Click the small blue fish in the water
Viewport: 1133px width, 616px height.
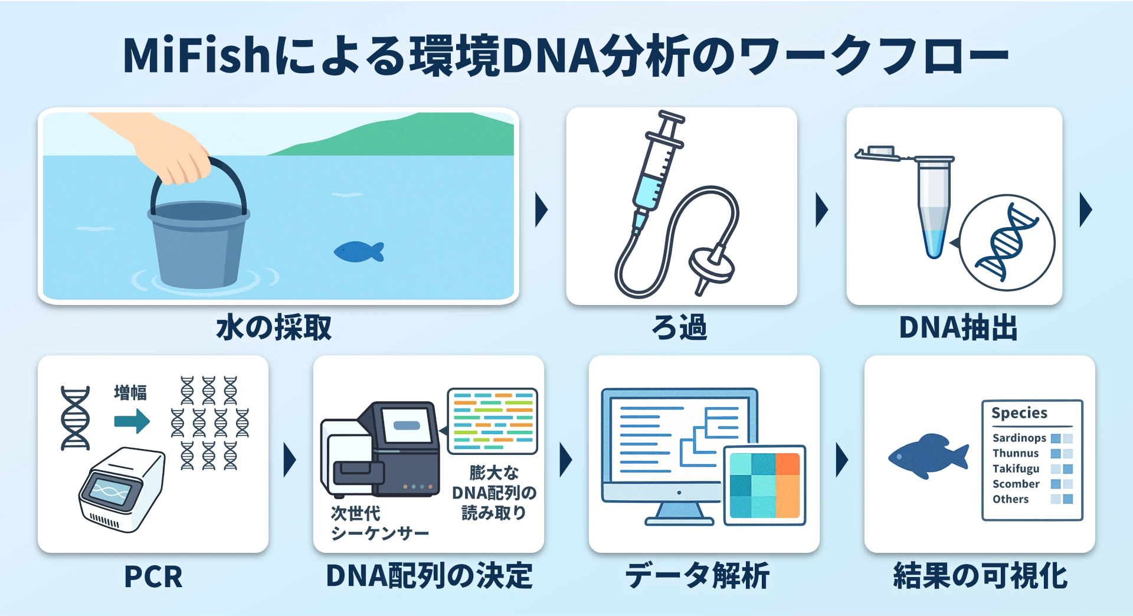(x=358, y=252)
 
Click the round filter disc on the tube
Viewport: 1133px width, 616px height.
(x=711, y=266)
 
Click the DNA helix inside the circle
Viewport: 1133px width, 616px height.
(x=1007, y=243)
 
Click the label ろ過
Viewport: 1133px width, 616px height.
(x=680, y=327)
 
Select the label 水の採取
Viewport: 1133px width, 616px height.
(x=274, y=328)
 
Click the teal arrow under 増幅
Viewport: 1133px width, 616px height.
(x=132, y=421)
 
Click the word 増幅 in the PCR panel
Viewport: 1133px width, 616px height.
(x=130, y=393)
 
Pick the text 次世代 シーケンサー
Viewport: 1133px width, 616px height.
(x=379, y=523)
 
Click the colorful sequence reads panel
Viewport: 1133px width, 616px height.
(x=492, y=421)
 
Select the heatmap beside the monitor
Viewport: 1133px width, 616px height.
(x=765, y=485)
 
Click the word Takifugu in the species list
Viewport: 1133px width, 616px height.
(x=1016, y=468)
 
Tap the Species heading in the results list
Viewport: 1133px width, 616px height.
(x=1019, y=413)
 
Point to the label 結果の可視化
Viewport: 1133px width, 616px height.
(x=980, y=576)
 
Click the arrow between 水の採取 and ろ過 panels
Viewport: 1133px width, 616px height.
(x=541, y=209)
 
